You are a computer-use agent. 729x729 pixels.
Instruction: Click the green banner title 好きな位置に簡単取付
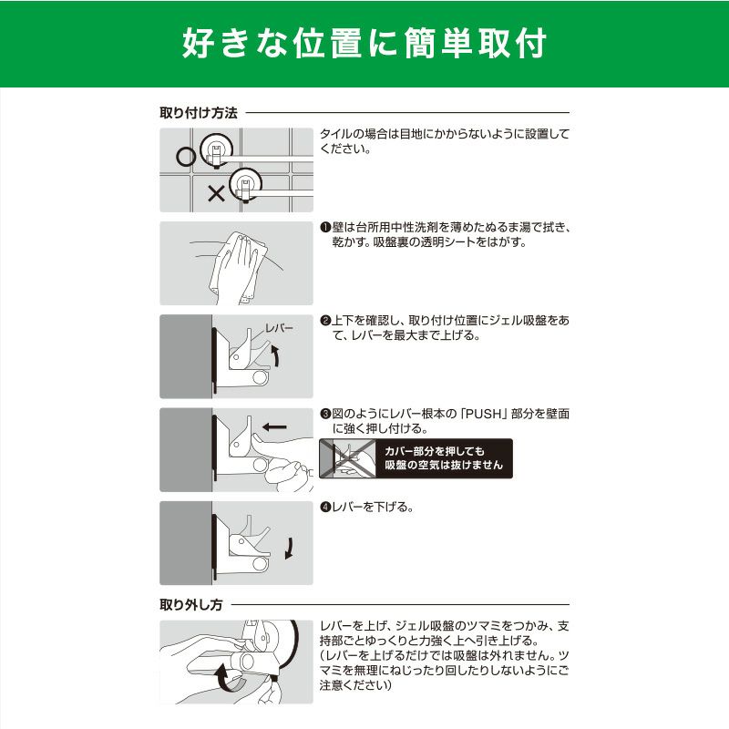(364, 43)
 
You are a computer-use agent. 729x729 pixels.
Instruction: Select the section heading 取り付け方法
(199, 112)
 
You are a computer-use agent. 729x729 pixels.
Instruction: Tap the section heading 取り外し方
(191, 604)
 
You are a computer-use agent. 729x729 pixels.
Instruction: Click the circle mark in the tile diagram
(186, 156)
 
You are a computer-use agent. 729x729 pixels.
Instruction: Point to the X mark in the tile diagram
(216, 193)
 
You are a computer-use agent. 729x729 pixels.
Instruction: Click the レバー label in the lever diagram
(279, 328)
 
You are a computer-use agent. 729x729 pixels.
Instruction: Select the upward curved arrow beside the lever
(275, 356)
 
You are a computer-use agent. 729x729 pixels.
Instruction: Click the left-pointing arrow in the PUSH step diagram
(274, 426)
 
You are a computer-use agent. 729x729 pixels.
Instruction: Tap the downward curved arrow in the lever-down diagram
(289, 549)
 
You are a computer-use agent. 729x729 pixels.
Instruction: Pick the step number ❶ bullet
(325, 227)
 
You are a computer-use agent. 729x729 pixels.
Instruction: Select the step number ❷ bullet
(325, 321)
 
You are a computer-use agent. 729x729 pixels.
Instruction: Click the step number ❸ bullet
(325, 414)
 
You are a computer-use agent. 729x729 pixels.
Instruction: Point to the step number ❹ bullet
(325, 507)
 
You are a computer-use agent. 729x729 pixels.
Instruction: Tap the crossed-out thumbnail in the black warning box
(348, 458)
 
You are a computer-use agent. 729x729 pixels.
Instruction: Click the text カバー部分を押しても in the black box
(435, 451)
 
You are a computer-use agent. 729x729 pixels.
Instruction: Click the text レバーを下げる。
(373, 507)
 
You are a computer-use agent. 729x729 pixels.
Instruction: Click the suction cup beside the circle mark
(217, 149)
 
